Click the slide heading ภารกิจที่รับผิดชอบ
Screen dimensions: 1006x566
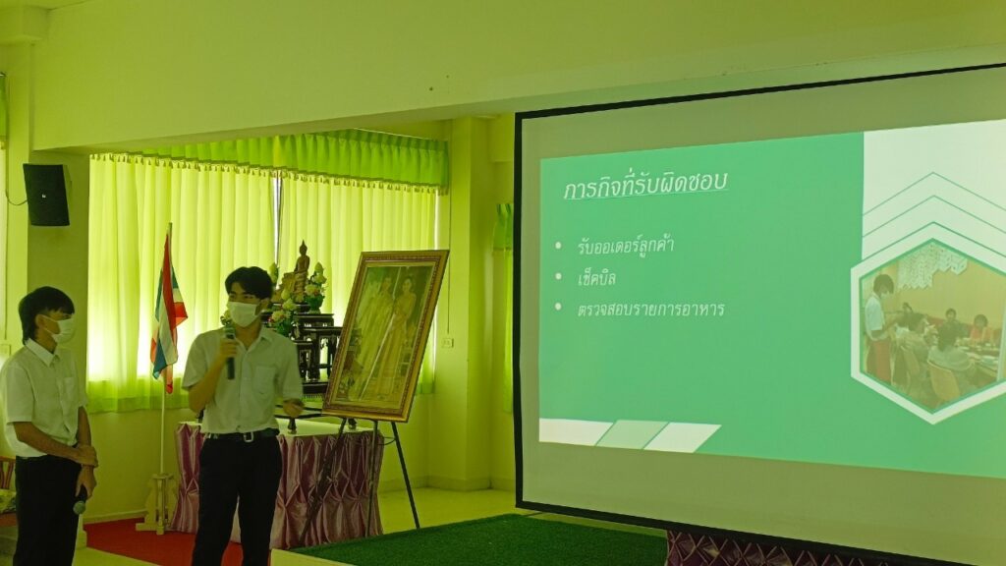coord(645,186)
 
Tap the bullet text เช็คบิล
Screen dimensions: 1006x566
coord(596,278)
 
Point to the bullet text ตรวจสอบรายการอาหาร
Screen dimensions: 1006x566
coord(650,310)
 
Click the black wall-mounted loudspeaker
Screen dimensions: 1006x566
coord(47,195)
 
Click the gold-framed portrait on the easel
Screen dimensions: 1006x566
coord(386,335)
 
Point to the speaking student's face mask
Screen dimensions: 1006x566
coord(244,313)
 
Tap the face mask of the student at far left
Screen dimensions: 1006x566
coord(63,330)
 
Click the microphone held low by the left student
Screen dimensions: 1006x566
coord(81,501)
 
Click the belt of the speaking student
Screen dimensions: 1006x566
coord(242,435)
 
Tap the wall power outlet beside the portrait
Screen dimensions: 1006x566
coord(447,342)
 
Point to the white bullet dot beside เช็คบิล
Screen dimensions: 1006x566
coord(558,277)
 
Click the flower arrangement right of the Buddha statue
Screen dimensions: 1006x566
coord(315,288)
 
